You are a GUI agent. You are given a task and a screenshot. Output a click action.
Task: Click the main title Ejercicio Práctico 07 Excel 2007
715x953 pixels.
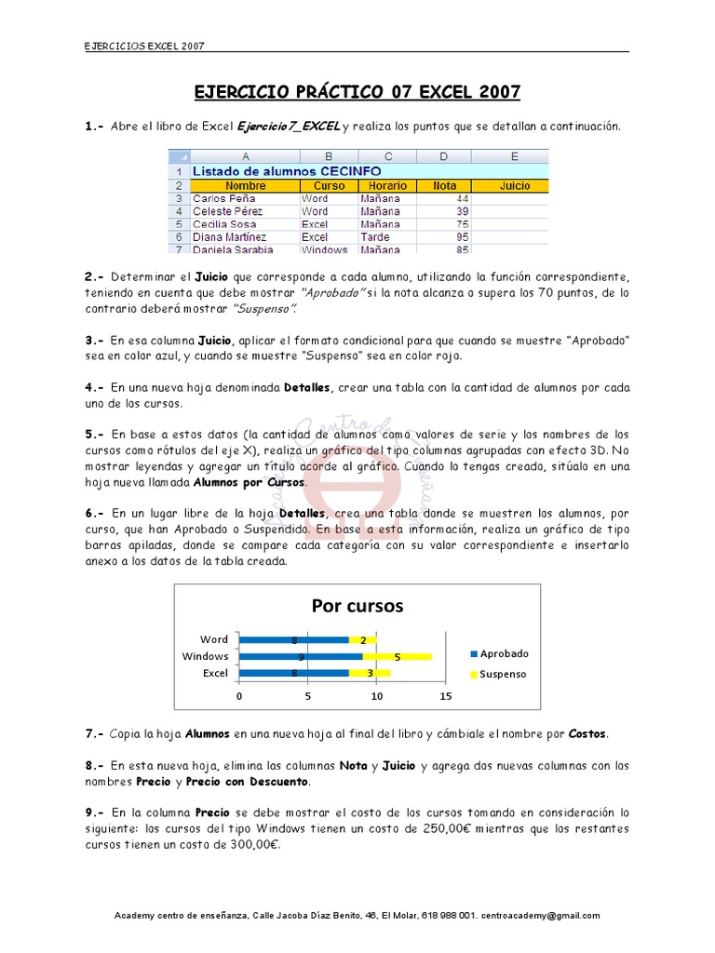click(x=357, y=91)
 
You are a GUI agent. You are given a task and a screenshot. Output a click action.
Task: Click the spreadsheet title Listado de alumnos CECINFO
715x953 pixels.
click(x=286, y=171)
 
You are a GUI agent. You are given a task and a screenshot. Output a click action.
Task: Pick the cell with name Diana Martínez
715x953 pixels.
click(x=227, y=237)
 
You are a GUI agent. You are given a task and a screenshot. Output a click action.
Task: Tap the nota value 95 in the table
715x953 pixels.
click(x=462, y=237)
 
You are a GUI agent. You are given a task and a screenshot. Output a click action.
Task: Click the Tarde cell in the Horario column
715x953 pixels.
click(x=376, y=237)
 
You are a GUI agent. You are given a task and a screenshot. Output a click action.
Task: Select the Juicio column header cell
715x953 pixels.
click(x=514, y=185)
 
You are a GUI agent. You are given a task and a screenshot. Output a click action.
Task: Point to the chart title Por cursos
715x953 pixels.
click(x=357, y=606)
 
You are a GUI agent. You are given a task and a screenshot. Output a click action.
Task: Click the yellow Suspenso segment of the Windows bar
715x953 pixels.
click(x=398, y=656)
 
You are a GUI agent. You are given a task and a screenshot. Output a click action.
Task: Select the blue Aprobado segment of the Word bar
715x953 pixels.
click(x=293, y=639)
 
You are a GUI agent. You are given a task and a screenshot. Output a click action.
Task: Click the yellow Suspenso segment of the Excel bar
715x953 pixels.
click(x=370, y=673)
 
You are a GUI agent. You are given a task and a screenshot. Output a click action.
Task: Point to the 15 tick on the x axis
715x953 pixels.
click(x=445, y=696)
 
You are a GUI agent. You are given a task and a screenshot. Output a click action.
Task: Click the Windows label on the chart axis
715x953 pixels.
click(x=206, y=656)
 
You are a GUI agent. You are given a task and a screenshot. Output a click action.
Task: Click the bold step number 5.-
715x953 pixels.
click(x=95, y=435)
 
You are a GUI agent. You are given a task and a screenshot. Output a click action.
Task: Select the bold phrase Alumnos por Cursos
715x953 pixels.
click(x=249, y=483)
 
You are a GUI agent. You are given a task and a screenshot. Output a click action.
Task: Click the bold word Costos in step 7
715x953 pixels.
click(x=587, y=733)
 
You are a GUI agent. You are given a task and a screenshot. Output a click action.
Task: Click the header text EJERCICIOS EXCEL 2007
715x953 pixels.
click(x=139, y=45)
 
